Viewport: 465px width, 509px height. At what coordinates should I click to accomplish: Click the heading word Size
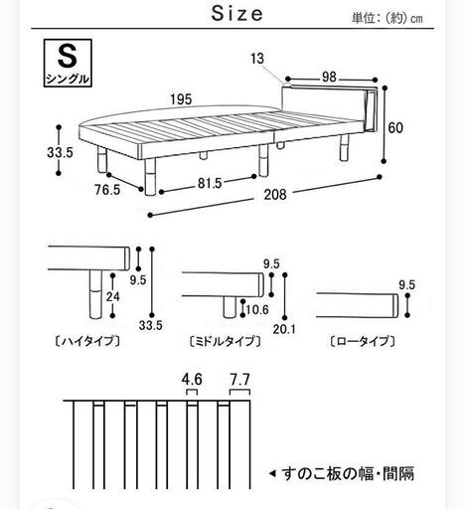tap(237, 14)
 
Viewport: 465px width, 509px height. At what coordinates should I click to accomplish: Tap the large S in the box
tap(68, 56)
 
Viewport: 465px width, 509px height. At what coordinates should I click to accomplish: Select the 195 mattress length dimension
tap(181, 99)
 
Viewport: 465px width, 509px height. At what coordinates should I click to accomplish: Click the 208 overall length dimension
tap(275, 195)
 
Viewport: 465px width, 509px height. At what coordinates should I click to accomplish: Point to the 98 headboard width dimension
tap(329, 77)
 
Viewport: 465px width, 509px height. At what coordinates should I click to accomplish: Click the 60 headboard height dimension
tap(395, 127)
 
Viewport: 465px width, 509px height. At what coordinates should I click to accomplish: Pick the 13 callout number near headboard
tap(257, 59)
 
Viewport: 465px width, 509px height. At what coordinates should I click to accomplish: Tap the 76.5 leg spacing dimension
tap(107, 190)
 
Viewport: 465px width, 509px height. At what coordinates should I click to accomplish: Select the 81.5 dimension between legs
tap(210, 183)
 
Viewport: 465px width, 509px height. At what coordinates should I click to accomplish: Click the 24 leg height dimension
tap(113, 296)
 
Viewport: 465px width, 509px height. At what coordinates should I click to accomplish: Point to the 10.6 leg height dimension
tap(257, 310)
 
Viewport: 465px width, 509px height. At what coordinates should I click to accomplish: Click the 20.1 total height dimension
tap(284, 329)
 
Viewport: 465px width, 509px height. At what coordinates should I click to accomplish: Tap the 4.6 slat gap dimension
tap(192, 380)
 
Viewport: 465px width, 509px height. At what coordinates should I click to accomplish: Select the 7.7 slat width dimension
tap(240, 380)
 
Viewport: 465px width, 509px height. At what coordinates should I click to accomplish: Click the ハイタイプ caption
tap(86, 341)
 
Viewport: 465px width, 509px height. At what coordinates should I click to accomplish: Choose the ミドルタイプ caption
tap(225, 341)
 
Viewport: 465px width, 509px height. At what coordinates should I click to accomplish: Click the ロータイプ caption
tap(363, 341)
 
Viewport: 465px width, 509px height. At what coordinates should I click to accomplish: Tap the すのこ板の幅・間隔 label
tap(348, 473)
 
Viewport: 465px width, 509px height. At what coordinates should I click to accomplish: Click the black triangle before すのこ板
tap(272, 473)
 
